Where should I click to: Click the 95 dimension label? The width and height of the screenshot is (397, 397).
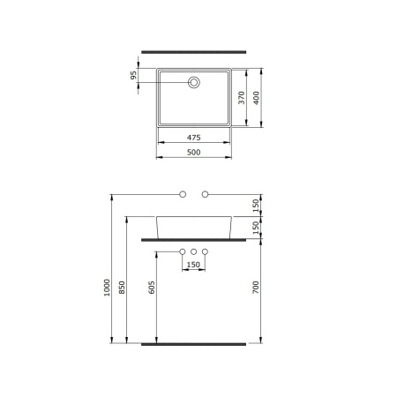pos(134,75)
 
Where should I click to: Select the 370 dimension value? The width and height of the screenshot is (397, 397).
pos(242,98)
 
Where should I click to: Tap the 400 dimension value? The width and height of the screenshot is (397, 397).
pos(257,98)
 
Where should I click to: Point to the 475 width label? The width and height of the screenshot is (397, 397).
pos(194,138)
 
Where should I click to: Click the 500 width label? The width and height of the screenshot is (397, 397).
pos(194,153)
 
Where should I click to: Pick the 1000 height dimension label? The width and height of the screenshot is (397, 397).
pos(107,288)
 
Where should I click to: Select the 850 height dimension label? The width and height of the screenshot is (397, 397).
pos(122,288)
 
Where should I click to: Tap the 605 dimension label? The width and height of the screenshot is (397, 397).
pos(152,288)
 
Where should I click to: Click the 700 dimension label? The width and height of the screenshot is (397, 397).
pos(256,288)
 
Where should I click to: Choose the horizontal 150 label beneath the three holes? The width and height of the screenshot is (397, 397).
pos(193,265)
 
